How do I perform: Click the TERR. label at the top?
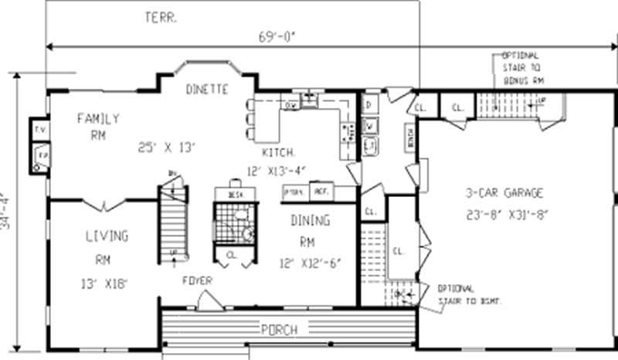click(x=160, y=16)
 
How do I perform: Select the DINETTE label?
click(x=207, y=90)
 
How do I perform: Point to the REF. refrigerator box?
click(x=321, y=189)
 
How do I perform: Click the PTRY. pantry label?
click(x=294, y=190)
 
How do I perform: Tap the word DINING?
click(x=311, y=221)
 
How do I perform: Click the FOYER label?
click(x=198, y=280)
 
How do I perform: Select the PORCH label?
click(x=279, y=330)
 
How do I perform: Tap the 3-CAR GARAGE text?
click(x=504, y=193)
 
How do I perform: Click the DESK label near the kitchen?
click(x=236, y=195)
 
